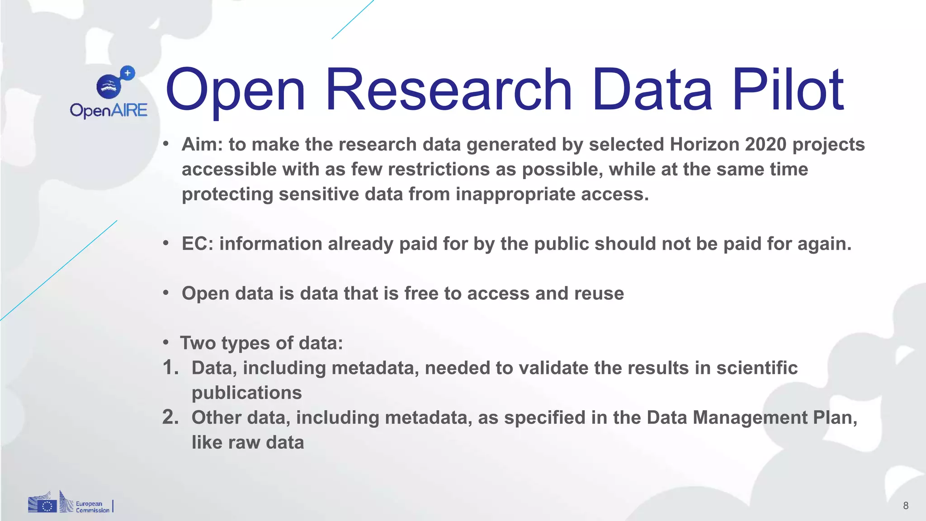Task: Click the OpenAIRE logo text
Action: [109, 110]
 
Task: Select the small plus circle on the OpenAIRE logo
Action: [128, 73]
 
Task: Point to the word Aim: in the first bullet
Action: [203, 144]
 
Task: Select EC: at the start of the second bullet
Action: [197, 244]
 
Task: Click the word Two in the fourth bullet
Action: [198, 343]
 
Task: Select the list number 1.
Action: [170, 368]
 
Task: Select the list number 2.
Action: [170, 417]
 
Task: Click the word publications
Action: [246, 393]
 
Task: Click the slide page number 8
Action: [906, 506]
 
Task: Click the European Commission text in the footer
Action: [92, 507]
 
